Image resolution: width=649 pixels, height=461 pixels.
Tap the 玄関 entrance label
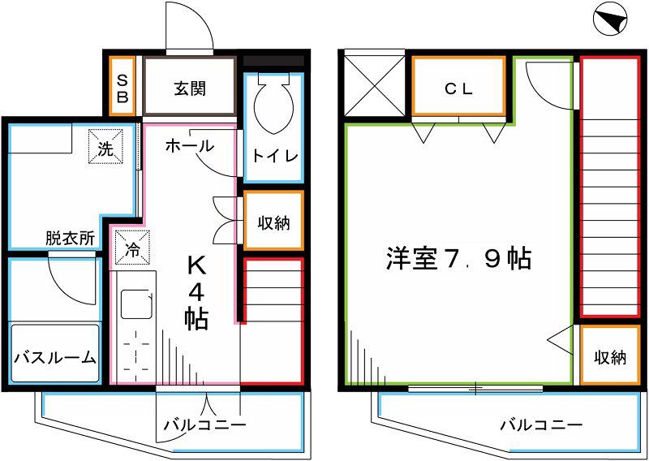pyautogui.click(x=190, y=88)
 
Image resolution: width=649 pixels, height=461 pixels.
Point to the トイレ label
pyautogui.click(x=275, y=156)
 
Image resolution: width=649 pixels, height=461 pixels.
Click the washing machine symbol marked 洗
pyautogui.click(x=106, y=147)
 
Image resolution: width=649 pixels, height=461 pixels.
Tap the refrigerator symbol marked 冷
pyautogui.click(x=132, y=248)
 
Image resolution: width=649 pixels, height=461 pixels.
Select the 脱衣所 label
pyautogui.click(x=70, y=239)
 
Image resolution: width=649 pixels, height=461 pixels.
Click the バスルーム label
pyautogui.click(x=55, y=357)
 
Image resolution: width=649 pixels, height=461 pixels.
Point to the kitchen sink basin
pyautogui.click(x=137, y=304)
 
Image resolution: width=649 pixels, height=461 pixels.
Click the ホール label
pyautogui.click(x=190, y=146)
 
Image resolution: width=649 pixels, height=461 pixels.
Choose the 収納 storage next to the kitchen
pyautogui.click(x=273, y=224)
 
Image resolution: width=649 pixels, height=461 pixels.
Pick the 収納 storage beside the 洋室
pyautogui.click(x=611, y=357)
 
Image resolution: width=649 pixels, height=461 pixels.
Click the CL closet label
pyautogui.click(x=458, y=89)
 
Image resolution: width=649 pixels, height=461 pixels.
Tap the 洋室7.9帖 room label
pyautogui.click(x=458, y=259)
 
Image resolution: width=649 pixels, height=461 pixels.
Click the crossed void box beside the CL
pyautogui.click(x=375, y=86)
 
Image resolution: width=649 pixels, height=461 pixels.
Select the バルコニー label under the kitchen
pyautogui.click(x=205, y=425)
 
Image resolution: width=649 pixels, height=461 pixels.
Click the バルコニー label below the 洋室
pyautogui.click(x=541, y=425)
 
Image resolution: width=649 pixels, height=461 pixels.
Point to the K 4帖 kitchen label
pyautogui.click(x=196, y=294)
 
